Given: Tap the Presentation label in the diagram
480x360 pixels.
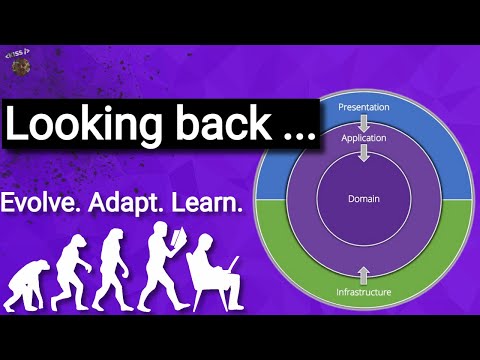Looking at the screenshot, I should (363, 107).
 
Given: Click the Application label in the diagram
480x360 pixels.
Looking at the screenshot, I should (363, 137).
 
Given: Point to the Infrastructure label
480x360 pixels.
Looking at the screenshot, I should (363, 293).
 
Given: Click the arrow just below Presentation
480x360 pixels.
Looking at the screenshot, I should (363, 120).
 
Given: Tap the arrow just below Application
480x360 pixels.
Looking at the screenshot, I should (363, 153).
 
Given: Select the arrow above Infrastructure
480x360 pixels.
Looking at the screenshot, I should (363, 273).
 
